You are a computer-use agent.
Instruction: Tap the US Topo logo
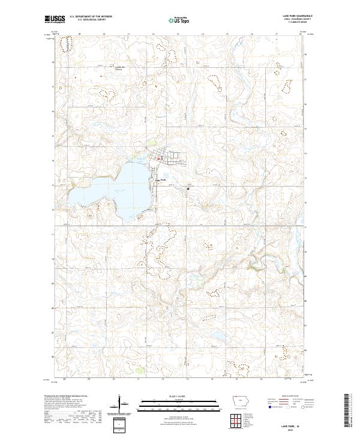coord(179,19)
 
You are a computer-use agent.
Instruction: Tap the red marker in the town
coord(158,159)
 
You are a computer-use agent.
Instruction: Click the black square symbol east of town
coord(188,188)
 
